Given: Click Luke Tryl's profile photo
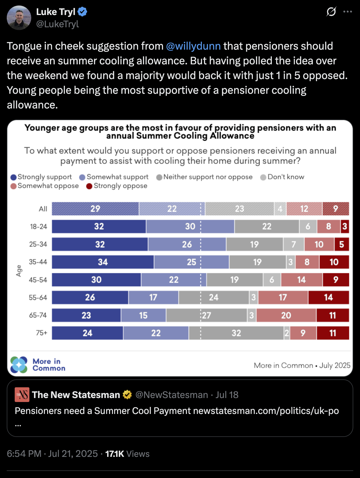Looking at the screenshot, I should point(19,18).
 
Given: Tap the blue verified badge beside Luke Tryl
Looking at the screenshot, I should point(82,12).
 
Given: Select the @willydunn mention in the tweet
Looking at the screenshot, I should point(193,46).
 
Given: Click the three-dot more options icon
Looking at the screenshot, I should point(347,12).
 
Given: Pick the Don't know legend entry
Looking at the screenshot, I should point(282,177).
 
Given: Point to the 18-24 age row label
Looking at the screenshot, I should point(38,227).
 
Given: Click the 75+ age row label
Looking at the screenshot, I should point(42,333).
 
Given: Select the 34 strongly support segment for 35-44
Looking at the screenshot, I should point(103,262).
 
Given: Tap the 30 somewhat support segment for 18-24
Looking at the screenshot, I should point(190,226).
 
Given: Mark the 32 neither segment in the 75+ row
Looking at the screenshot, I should point(236,333).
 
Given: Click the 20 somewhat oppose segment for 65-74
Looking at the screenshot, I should point(286,315).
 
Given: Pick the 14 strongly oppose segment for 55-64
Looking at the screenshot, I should point(328,298).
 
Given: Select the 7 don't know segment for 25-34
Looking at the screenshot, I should point(294,244).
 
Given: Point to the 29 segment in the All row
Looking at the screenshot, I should point(95,209).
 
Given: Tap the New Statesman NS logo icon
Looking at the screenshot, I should point(22,395).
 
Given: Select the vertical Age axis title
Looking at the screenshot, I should point(19,271).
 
